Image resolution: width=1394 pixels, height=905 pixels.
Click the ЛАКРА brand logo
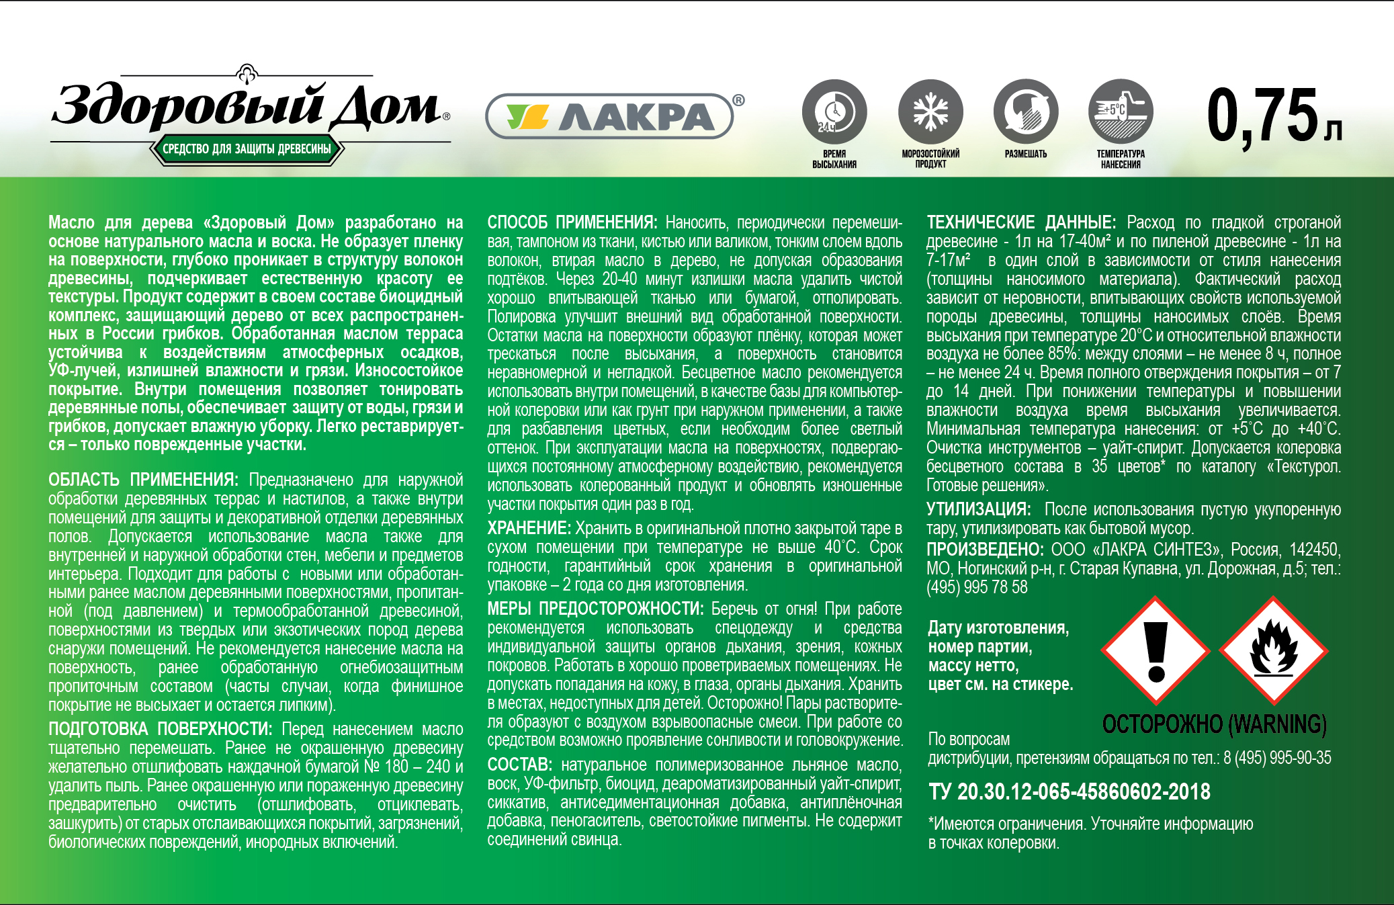[x=609, y=116]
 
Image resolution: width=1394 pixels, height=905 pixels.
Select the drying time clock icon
[x=834, y=112]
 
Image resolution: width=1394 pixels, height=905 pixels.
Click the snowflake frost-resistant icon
[x=930, y=112]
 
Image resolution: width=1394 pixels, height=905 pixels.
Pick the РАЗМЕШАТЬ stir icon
[x=1026, y=112]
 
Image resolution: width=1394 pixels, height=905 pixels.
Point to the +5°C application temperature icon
[x=1121, y=112]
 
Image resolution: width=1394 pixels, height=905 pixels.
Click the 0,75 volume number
[x=1263, y=116]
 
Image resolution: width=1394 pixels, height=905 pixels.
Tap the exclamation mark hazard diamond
[x=1156, y=650]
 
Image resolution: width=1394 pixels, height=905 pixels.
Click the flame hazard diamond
[x=1272, y=650]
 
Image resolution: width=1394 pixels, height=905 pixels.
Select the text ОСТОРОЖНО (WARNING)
[x=1214, y=724]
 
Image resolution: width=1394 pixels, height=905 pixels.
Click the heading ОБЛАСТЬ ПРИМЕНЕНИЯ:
[x=143, y=480]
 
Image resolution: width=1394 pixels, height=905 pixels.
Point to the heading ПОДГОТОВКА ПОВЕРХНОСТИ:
[x=160, y=730]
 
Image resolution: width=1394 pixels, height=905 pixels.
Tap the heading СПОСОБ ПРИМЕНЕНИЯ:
[x=572, y=222]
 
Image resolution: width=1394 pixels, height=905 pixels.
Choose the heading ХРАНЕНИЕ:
[x=529, y=529]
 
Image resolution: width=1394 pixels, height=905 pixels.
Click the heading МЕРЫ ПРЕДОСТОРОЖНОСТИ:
[x=595, y=609]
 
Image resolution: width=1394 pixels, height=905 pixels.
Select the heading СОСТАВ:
[x=519, y=765]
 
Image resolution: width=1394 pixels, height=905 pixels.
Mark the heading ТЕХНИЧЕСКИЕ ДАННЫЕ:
[x=1021, y=222]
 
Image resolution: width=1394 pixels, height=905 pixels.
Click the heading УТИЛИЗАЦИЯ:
[x=978, y=510]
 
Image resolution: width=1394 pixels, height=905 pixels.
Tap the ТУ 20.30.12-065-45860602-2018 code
[x=1069, y=792]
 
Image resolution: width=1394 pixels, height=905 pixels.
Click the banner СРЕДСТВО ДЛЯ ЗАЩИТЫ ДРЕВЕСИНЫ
[x=247, y=149]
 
